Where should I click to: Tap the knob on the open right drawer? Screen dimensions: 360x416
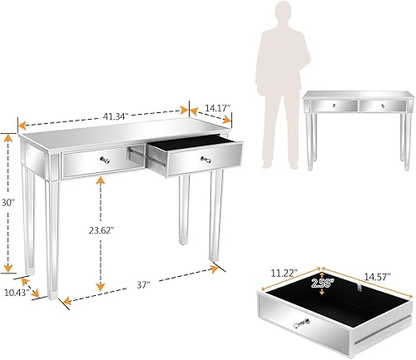click(x=203, y=157)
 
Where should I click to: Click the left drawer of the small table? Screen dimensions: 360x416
click(x=332, y=106)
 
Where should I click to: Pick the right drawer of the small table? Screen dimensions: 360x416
click(x=382, y=106)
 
